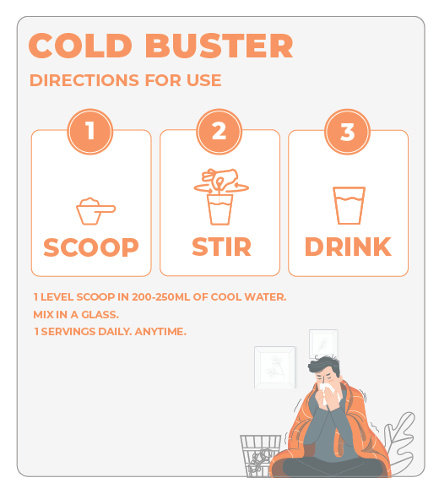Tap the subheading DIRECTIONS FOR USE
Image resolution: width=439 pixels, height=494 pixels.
[125, 81]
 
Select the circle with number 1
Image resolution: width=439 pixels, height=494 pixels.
[89, 132]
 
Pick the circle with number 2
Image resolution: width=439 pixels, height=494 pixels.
[219, 132]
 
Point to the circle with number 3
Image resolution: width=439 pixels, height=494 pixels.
[347, 132]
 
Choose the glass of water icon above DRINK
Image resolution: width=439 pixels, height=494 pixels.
[348, 205]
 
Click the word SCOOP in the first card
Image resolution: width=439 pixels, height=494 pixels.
[91, 247]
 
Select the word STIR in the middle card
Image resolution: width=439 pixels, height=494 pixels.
[220, 247]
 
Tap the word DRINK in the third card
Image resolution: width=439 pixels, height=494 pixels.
[348, 247]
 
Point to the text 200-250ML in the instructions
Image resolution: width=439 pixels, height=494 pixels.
[165, 297]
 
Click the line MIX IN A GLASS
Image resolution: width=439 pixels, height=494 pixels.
[77, 314]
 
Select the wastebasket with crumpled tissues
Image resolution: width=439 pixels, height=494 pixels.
[258, 455]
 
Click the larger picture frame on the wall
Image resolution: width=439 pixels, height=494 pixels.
[274, 367]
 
